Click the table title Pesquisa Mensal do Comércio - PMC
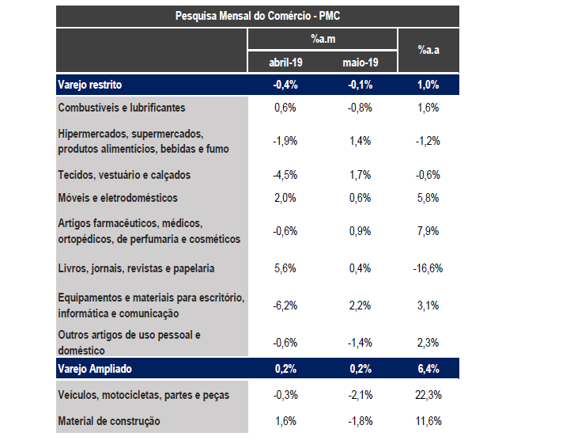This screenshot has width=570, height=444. coord(258,16)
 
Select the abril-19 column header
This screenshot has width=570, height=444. coord(285,62)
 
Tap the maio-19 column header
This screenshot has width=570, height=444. coord(360,62)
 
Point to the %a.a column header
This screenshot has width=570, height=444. coord(428,51)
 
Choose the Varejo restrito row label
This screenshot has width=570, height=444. coord(90,85)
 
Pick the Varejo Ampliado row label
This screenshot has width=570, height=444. coord(95,369)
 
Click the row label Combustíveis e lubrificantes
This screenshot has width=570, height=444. coord(122,108)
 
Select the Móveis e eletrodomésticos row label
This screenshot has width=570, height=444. coord(118,198)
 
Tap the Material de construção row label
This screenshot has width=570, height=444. coord(109,421)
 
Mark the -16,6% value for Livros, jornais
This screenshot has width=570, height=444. coord(428,268)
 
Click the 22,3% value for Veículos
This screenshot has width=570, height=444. coord(428,395)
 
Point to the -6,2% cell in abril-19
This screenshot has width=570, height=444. coord(285,305)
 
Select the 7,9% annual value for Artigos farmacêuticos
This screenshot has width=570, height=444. coord(428,232)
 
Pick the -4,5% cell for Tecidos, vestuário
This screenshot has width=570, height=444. coord(285,175)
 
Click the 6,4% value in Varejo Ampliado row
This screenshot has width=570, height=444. coord(428,369)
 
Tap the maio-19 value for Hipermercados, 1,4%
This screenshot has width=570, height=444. coord(360,141)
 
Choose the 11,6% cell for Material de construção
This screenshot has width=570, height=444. coord(428,421)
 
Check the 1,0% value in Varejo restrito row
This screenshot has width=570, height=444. coord(428,85)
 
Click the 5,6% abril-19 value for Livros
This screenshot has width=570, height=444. coord(285,268)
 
